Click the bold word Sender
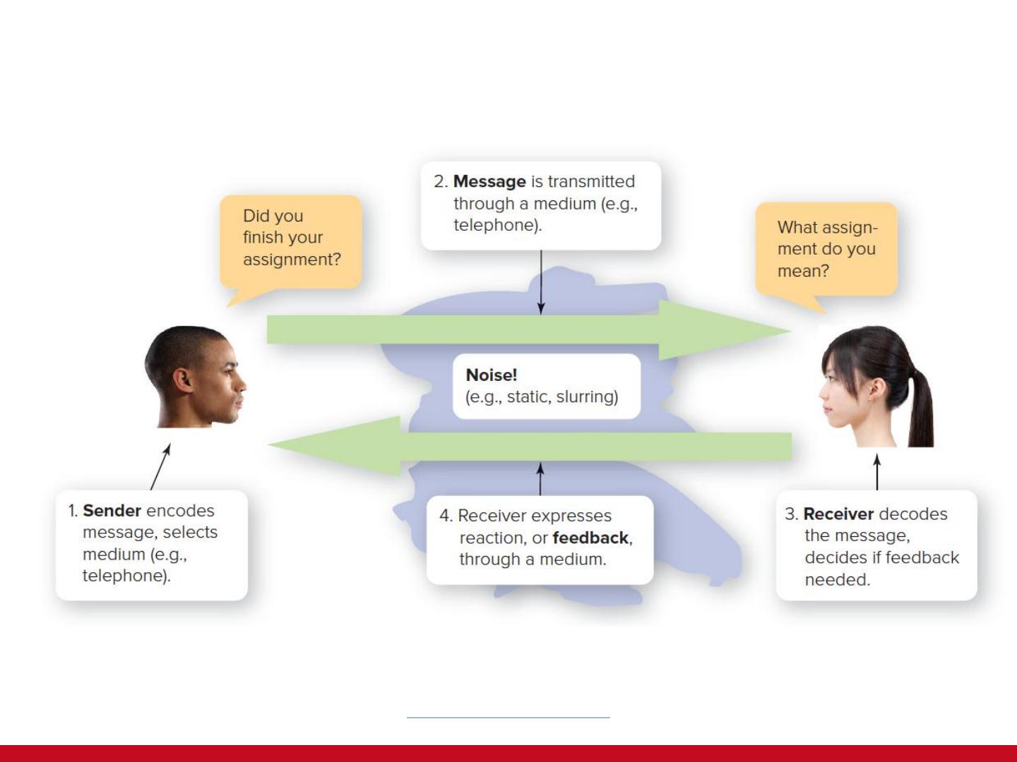pyautogui.click(x=112, y=510)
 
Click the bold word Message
pyautogui.click(x=489, y=181)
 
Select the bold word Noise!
pyautogui.click(x=491, y=375)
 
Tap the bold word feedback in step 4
pyautogui.click(x=590, y=538)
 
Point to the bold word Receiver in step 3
pyautogui.click(x=838, y=514)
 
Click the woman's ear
pyautogui.click(x=874, y=387)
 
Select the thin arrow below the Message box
pyautogui.click(x=541, y=282)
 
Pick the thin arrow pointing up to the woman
pyautogui.click(x=877, y=472)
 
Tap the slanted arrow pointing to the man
pyautogui.click(x=160, y=467)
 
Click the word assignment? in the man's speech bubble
pyautogui.click(x=292, y=260)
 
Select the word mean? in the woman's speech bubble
pyautogui.click(x=803, y=271)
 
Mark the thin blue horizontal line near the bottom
pyautogui.click(x=509, y=718)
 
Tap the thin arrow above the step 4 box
pyautogui.click(x=540, y=479)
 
